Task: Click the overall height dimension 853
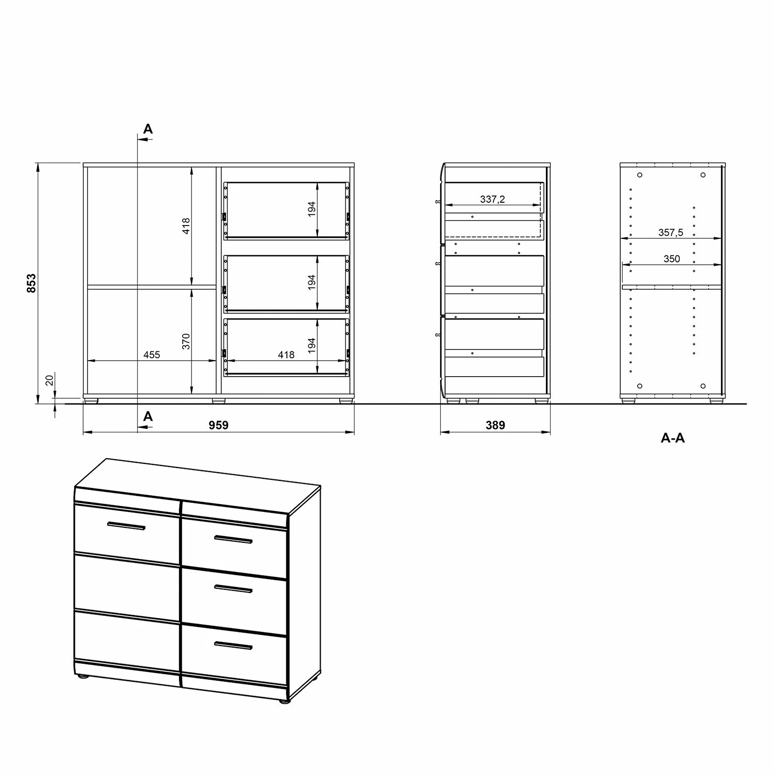(31, 283)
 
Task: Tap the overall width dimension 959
(218, 425)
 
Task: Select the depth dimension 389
(495, 425)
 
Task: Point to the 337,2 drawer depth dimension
(492, 199)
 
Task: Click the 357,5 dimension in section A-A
(670, 233)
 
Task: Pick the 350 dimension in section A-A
(672, 259)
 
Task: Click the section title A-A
(673, 438)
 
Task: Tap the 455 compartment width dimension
(152, 355)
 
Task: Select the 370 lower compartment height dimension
(186, 341)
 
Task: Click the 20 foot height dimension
(50, 380)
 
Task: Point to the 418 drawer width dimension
(286, 355)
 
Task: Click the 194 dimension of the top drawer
(312, 209)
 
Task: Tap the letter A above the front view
(148, 129)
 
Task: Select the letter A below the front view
(148, 416)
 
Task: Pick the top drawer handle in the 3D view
(233, 540)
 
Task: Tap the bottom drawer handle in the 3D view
(233, 645)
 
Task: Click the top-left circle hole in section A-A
(640, 175)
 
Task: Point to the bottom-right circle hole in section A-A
(703, 386)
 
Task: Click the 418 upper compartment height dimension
(186, 225)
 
